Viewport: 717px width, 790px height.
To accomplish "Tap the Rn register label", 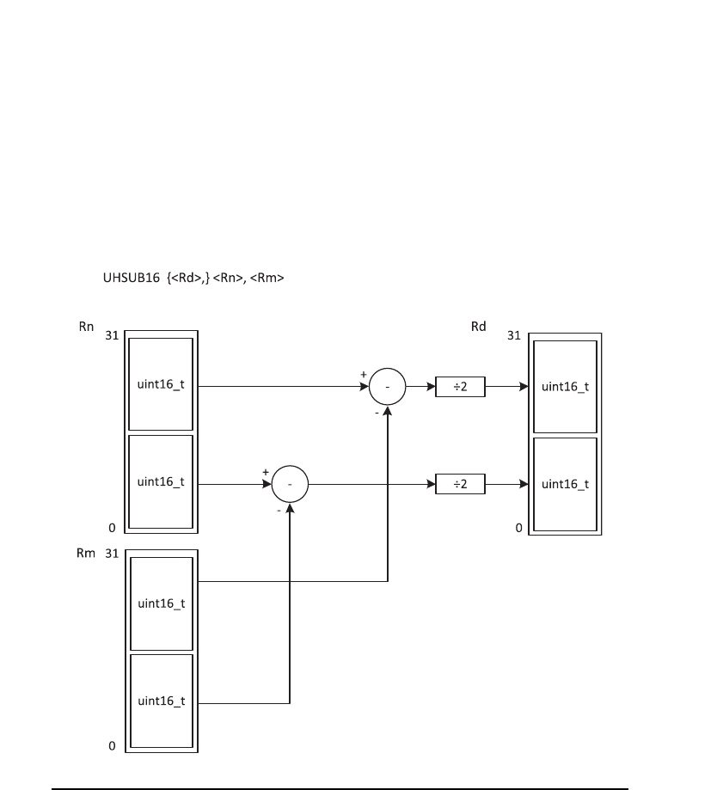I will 84,326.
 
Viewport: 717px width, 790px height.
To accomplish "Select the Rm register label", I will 84,554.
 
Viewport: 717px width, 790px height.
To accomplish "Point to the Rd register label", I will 479,327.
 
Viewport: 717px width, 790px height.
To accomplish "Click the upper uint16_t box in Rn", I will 161,384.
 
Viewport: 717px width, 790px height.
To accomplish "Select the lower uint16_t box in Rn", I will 161,481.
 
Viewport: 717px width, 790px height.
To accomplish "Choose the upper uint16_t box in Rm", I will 161,603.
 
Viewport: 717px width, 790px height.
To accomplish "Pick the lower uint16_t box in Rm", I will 161,701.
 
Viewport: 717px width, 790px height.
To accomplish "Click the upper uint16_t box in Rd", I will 565,387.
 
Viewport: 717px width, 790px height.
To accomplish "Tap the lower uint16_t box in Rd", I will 565,484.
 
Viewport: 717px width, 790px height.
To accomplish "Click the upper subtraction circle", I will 387,388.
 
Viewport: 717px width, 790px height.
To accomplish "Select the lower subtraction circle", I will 290,485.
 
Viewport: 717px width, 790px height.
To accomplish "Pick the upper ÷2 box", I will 460,388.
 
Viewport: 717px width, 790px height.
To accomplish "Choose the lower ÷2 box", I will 460,485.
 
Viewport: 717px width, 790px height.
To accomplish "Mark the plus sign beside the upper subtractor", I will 364,375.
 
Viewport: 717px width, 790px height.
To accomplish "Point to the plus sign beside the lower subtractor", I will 266,472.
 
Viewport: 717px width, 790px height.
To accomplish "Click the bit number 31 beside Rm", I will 111,554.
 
